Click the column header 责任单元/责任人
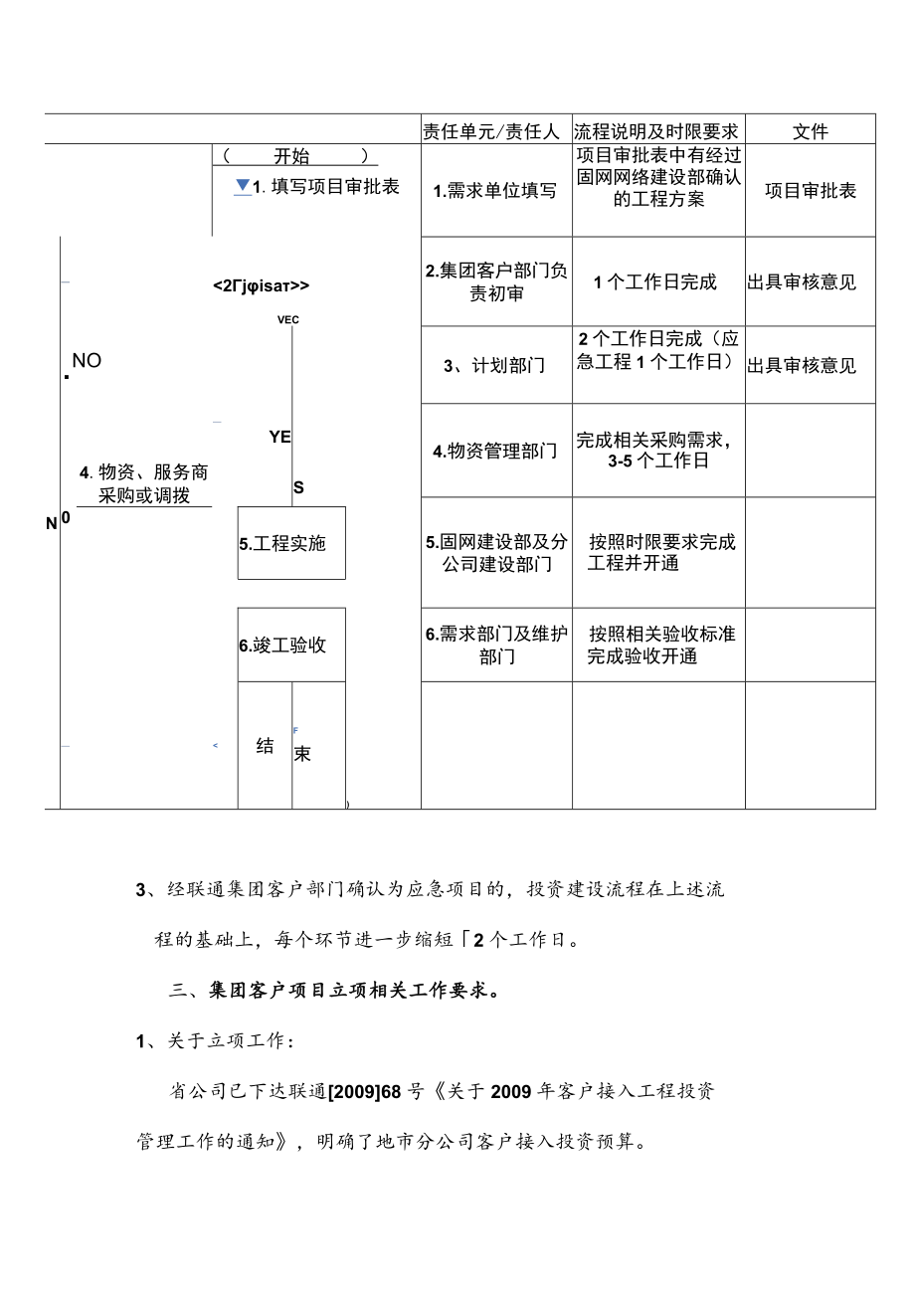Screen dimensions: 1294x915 (x=491, y=131)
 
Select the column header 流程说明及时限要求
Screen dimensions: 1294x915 (x=656, y=131)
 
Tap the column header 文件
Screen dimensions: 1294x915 (x=811, y=131)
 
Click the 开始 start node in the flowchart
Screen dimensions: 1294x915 (x=292, y=156)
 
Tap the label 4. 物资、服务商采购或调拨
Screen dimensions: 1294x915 (x=144, y=484)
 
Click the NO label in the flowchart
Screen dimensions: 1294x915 (x=87, y=361)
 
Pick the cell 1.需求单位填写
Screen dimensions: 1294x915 (x=495, y=191)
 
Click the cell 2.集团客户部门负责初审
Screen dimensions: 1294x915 (x=495, y=282)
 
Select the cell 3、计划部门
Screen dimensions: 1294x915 (x=495, y=366)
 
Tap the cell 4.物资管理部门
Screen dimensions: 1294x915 (x=495, y=452)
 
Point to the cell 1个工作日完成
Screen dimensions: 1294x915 (x=656, y=282)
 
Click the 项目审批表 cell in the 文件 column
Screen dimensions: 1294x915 (x=811, y=191)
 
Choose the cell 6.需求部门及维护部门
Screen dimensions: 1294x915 (x=495, y=646)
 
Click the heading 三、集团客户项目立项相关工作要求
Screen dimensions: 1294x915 (x=334, y=991)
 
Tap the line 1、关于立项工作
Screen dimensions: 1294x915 (x=215, y=1041)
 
